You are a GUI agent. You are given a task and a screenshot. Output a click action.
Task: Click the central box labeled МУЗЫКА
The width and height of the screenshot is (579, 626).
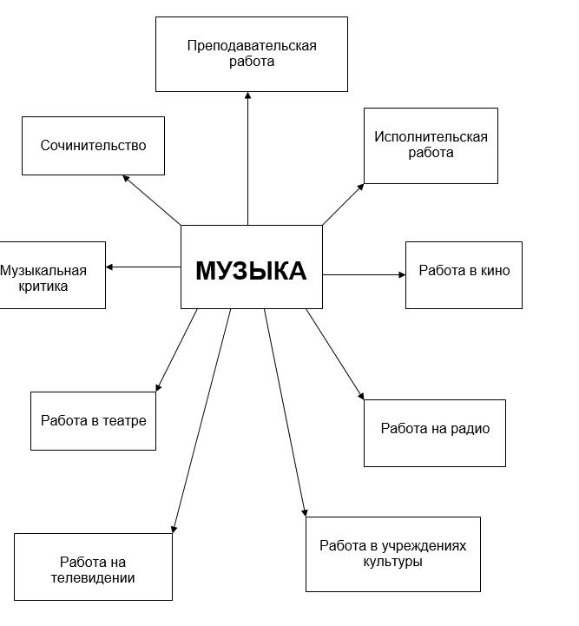pos(252,267)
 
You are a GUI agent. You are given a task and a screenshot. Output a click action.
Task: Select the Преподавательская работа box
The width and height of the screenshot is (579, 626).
pos(252,54)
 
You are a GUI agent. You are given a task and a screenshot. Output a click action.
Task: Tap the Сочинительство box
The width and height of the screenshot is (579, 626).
pos(93,146)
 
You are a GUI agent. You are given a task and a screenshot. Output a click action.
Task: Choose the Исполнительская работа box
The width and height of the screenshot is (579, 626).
pos(431,146)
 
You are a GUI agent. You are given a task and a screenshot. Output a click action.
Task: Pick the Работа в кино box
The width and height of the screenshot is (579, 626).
pos(464,275)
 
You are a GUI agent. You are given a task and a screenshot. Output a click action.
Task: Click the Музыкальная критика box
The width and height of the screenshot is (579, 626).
pos(52,275)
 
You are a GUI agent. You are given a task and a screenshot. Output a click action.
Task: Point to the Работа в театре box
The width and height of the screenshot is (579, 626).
pos(93,421)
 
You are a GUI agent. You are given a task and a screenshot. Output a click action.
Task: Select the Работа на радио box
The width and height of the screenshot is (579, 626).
pos(435,432)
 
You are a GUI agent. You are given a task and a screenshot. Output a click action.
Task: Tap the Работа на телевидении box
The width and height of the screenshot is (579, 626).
pos(93,566)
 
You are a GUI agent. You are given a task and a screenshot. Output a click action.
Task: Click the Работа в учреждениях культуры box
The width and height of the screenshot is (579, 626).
pos(393,554)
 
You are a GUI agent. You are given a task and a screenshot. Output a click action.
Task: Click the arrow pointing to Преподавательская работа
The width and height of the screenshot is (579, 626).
pos(247,159)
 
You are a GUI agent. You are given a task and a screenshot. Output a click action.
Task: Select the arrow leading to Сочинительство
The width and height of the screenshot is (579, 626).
pos(152,200)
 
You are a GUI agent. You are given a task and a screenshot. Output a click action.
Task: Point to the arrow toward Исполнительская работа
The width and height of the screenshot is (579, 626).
pos(343,204)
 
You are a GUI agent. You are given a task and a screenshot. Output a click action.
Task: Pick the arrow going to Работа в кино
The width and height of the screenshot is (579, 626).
pos(364,274)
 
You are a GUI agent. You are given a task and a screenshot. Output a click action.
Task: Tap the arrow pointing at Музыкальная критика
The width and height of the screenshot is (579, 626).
pos(143,267)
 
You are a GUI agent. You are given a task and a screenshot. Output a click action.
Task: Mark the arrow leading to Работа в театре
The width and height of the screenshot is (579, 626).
pos(176,350)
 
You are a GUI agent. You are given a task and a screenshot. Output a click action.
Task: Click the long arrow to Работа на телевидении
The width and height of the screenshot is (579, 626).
pos(201,421)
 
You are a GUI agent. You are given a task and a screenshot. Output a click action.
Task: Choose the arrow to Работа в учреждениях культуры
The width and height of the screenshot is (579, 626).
pos(286,412)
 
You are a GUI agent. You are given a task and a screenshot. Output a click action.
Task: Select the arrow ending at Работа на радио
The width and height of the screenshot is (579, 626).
pos(335,354)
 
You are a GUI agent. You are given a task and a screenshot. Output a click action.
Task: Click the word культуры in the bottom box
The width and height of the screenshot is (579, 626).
pos(392,562)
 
